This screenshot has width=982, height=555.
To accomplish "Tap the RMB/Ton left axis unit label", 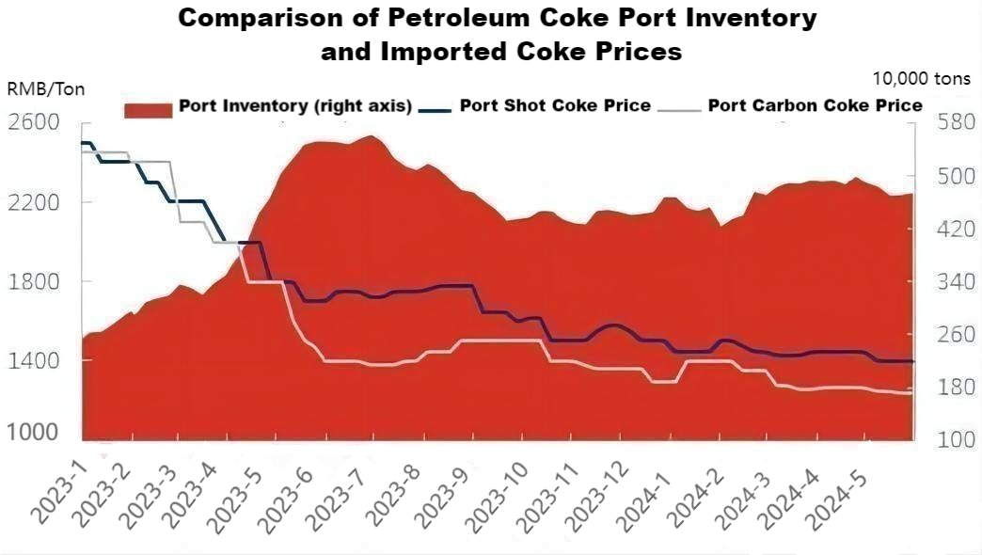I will [46, 89].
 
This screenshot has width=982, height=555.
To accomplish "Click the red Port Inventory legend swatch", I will [148, 109].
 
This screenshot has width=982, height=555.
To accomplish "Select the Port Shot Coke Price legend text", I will [555, 105].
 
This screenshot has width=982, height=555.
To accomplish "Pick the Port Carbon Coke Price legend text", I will [815, 105].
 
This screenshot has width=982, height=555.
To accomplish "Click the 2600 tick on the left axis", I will [34, 123].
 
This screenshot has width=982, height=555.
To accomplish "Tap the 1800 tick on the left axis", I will [34, 281].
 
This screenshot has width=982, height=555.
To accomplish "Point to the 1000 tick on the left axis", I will [34, 434].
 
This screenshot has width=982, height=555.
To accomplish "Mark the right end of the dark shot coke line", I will [912, 362].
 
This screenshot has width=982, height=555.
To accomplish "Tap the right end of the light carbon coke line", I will [911, 393].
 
